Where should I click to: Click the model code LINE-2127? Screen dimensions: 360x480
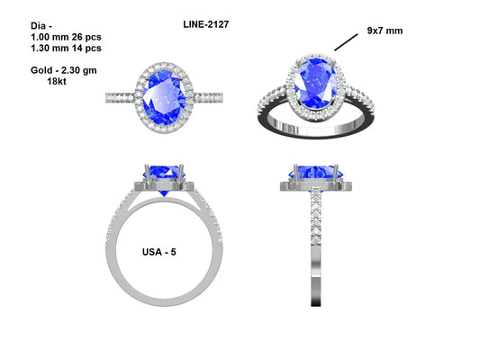point(199,24)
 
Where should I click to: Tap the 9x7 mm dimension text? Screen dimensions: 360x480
point(385,31)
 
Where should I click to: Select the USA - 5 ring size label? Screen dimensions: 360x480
point(159,252)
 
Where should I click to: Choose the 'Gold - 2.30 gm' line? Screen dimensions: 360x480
point(53,68)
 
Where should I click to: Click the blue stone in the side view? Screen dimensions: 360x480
point(315,171)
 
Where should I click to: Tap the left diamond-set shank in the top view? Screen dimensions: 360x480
point(120,95)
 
